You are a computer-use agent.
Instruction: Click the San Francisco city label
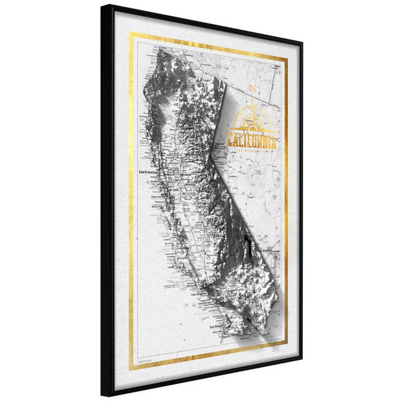pos(151,172)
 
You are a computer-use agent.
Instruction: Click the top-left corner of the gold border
pos(131,33)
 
